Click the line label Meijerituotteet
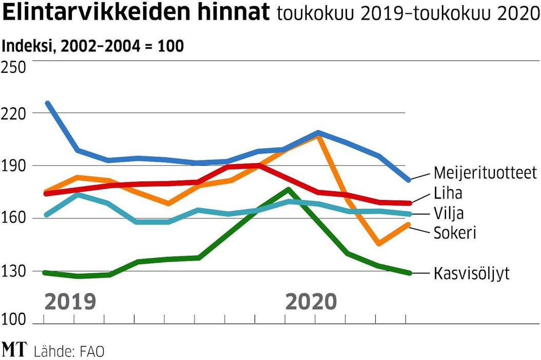pos(485,172)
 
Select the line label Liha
pos(448,193)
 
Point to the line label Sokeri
pos(455,232)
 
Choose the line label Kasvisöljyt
pos(472,273)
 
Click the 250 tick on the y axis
pos(14,67)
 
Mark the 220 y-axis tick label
pos(14,113)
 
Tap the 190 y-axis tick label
pos(14,166)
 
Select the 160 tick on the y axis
pos(14,218)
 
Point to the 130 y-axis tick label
pos(14,271)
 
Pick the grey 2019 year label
pos(70,302)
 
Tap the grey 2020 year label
pos(311,302)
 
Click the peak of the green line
pos(288,189)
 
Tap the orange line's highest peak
pos(319,136)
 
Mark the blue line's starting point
pos(47,104)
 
